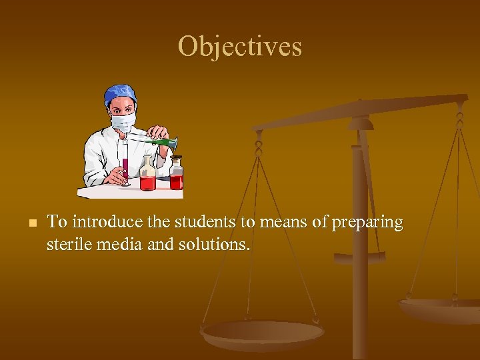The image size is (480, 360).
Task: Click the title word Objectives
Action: coord(239,47)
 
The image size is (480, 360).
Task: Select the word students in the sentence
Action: coord(207,222)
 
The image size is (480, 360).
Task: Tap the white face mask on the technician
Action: coord(123,122)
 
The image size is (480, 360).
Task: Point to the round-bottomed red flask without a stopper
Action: coord(147,177)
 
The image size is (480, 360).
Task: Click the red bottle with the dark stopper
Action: coord(176,175)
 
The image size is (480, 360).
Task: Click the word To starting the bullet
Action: coord(56,222)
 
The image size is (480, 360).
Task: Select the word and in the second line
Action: coord(159,245)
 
